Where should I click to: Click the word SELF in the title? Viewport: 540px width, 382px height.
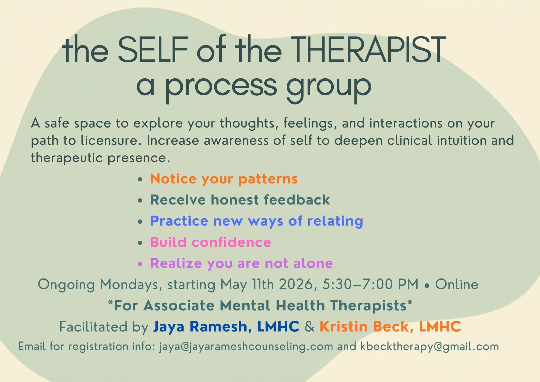153,50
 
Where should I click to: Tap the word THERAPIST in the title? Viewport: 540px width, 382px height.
369,50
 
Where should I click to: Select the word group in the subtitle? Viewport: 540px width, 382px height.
329,86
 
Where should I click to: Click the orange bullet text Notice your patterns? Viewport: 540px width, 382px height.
224,179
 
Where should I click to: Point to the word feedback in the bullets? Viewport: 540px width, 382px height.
297,200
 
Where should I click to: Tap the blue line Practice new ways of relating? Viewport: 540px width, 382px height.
256,221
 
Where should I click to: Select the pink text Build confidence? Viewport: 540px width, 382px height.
211,242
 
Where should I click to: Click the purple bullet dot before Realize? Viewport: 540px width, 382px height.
140,264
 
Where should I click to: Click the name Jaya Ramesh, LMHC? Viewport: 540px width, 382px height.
226,326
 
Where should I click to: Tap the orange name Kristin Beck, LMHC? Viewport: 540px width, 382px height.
390,326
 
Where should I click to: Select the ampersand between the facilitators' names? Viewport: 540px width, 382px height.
309,326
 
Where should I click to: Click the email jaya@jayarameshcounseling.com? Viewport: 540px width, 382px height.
246,346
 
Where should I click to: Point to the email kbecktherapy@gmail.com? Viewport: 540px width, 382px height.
429,346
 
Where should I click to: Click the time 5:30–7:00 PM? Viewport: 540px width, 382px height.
370,284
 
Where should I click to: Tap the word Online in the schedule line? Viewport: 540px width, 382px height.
457,284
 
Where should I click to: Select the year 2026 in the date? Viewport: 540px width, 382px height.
296,284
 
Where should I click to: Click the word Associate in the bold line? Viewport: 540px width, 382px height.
179,306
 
